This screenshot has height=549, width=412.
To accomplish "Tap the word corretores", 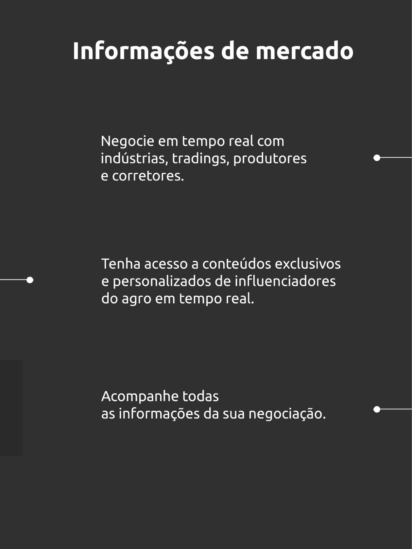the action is (x=148, y=176).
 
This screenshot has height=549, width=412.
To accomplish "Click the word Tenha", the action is (x=121, y=264).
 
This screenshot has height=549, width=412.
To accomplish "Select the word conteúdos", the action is (x=236, y=264).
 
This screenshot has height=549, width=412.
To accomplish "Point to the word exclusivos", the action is (x=308, y=264).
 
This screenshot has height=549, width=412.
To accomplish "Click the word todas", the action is (x=200, y=396).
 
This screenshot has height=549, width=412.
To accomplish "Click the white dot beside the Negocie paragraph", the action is (x=377, y=158).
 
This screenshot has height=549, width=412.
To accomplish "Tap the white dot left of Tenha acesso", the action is (x=30, y=280).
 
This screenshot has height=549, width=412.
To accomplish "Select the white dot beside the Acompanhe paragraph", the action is (x=377, y=409).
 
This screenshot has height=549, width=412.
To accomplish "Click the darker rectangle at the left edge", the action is (x=11, y=408).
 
